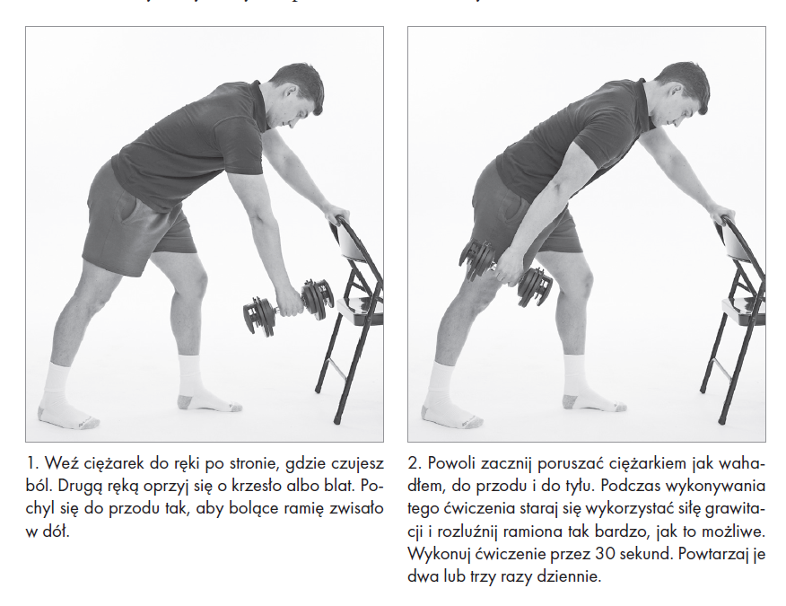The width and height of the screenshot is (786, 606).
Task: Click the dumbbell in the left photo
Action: [289, 307]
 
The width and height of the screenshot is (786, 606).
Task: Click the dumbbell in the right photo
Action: [505, 272]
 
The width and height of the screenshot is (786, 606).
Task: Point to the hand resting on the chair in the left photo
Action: [334, 213]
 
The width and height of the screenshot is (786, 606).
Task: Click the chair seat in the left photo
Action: [361, 309]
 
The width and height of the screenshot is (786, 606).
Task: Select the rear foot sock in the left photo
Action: [62, 396]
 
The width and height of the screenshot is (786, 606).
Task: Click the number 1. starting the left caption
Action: [32, 463]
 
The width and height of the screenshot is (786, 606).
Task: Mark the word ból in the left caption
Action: [39, 486]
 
